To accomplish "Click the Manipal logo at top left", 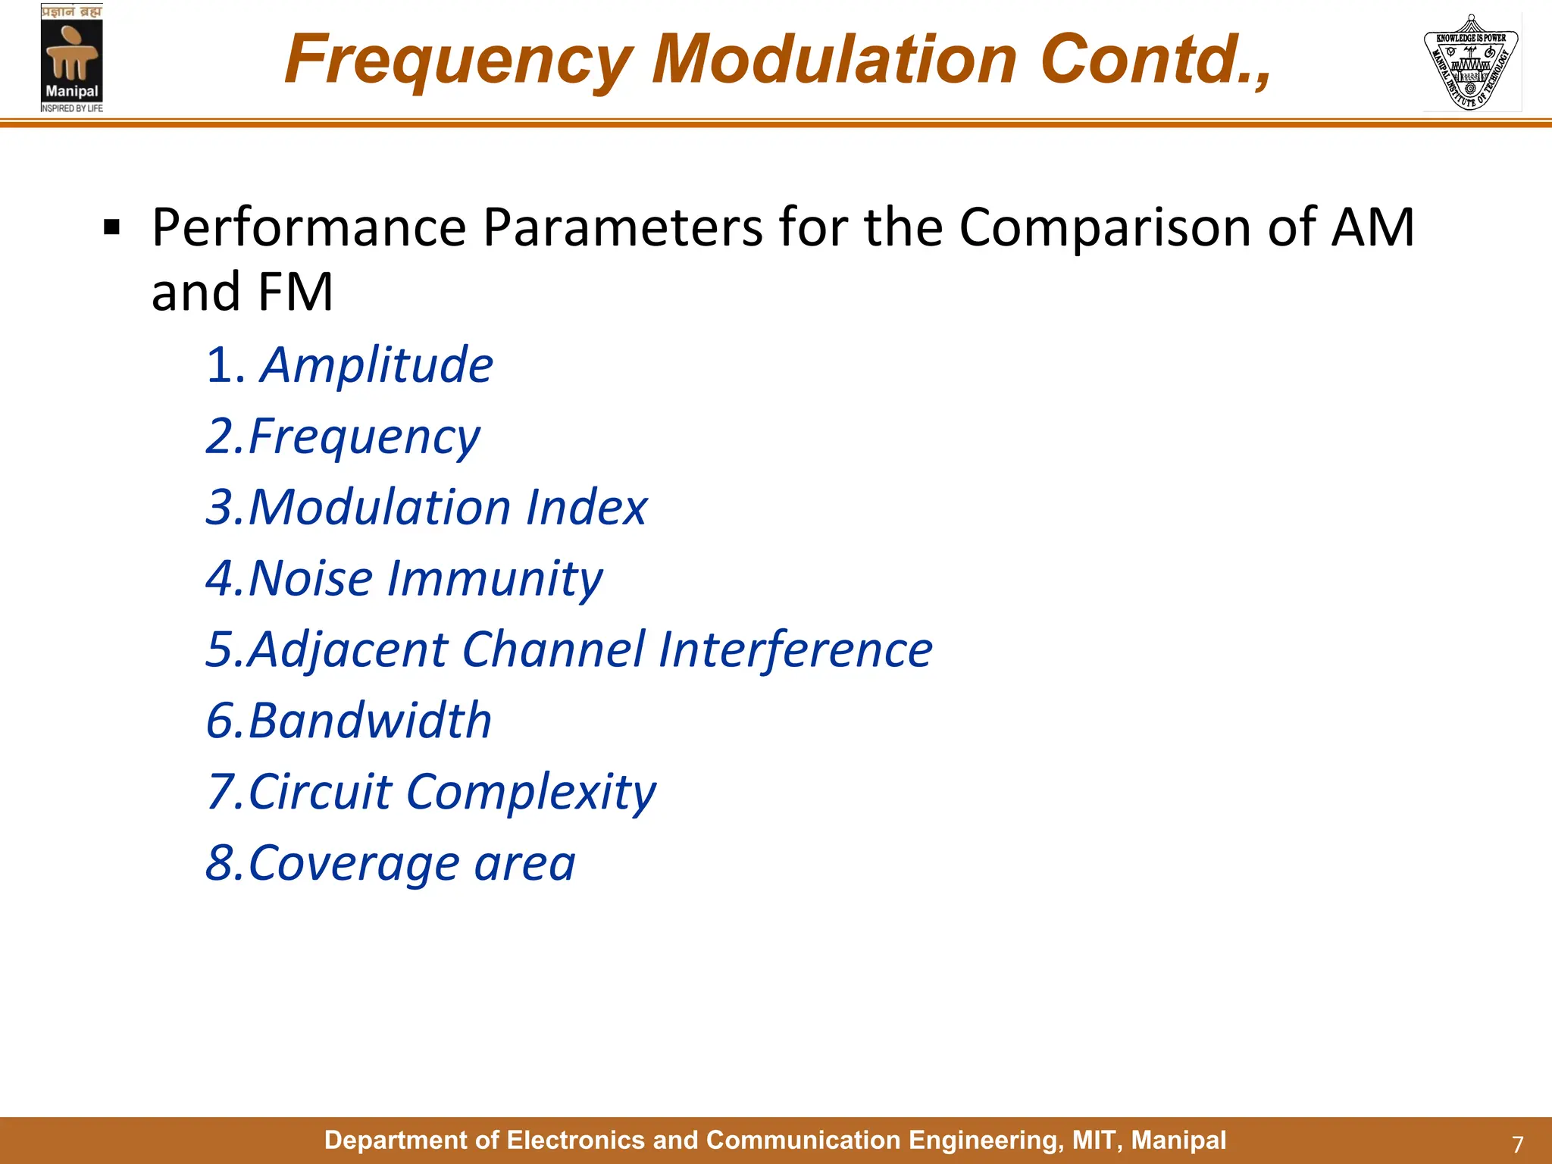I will coord(71,59).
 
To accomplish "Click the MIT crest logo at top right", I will coord(1471,62).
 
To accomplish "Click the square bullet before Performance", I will coord(111,228).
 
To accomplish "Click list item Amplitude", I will coord(377,365).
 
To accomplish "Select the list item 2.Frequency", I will coord(343,437).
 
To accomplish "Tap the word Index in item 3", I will coord(587,507).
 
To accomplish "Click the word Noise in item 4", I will coord(311,579).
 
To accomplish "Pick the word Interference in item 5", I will coord(795,650).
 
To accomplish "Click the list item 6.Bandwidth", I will coord(349,721).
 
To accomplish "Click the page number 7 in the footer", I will coord(1517,1144).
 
